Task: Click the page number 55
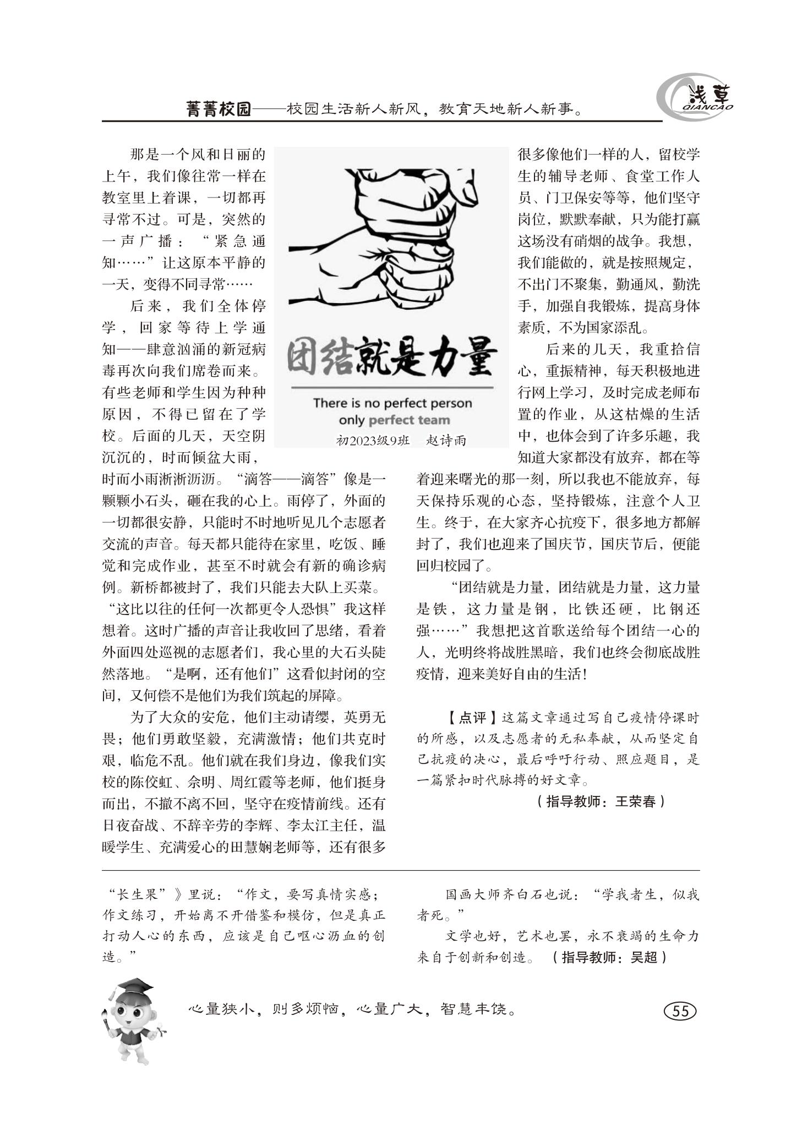pos(680,1011)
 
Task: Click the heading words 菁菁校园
pos(219,109)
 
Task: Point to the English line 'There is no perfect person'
pos(392,403)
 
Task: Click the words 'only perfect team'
pos(394,420)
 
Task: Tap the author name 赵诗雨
pos(446,441)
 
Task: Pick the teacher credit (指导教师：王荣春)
pos(599,801)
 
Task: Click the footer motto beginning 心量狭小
pos(352,1010)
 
